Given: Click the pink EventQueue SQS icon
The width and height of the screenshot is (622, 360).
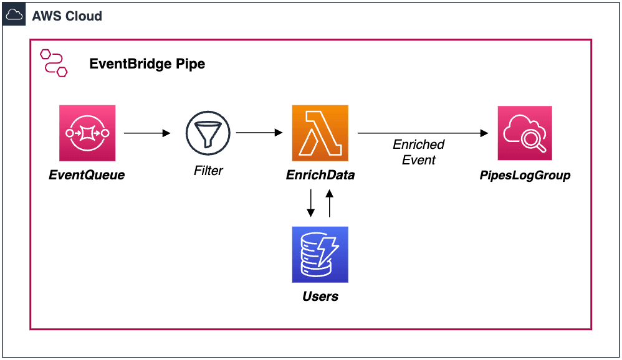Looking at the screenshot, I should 87,133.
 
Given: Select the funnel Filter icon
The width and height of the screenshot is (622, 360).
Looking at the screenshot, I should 208,133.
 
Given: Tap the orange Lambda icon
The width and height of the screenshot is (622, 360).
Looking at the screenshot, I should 320,133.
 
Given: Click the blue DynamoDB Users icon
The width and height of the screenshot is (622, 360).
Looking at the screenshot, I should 320,254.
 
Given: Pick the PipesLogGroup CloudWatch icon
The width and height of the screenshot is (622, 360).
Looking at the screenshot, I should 525,133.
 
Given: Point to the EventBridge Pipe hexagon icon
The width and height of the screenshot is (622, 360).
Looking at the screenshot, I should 54,63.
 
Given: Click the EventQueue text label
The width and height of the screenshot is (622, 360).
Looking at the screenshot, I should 87,175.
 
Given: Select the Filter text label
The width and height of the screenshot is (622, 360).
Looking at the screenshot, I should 208,170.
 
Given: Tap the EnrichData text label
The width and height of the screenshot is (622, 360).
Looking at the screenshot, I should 320,175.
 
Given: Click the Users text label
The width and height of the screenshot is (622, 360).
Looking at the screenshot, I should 320,296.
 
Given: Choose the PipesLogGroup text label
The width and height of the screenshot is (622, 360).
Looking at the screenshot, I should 525,175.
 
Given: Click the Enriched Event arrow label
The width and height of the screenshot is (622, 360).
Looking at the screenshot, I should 418,152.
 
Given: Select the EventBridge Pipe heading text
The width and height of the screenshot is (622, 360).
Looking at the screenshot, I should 147,64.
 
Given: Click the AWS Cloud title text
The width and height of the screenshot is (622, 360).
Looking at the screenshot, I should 67,16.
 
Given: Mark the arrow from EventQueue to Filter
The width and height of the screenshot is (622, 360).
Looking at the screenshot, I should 147,133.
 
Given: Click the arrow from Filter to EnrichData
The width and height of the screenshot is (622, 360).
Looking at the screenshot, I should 260,133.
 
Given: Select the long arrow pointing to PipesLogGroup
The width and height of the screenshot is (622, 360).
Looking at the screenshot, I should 422,133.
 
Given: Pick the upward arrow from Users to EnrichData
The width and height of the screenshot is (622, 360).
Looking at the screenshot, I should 330,204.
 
